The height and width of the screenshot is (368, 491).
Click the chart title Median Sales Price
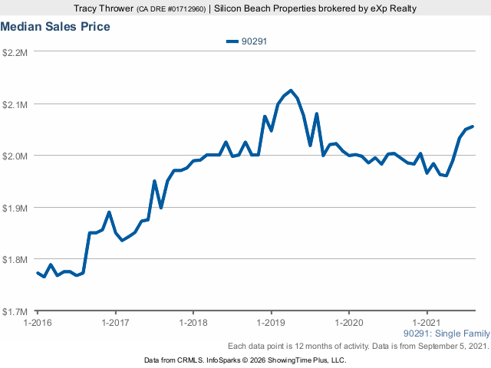pos(55,27)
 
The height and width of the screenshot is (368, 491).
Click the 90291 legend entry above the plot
pos(246,41)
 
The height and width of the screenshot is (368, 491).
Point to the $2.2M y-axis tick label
pos(16,52)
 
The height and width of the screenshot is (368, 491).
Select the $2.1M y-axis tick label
pos(16,104)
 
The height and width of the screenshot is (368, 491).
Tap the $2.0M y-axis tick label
pos(16,156)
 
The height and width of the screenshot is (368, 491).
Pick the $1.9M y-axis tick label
pos(16,208)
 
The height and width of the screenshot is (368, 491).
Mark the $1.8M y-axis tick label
pos(16,260)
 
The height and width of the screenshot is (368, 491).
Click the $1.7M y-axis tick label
pos(16,311)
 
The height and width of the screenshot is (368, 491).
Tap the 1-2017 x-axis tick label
pos(115,323)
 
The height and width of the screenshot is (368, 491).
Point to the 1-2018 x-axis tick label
pos(193,323)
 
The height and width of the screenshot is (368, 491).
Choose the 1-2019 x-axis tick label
pos(271,323)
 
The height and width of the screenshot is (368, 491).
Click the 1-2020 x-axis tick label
pos(349,323)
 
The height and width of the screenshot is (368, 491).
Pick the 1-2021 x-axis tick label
pos(427,323)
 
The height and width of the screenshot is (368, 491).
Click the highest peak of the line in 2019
pos(291,90)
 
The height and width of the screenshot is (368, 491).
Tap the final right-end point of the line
pos(473,127)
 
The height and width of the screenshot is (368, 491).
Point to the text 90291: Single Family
pos(446,333)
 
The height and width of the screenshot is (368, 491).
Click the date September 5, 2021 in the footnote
pos(453,347)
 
